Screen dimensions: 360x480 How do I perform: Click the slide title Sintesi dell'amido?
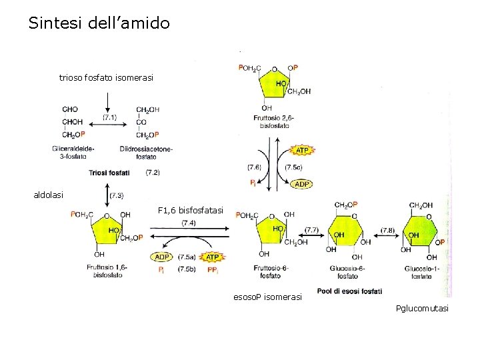pos(99,24)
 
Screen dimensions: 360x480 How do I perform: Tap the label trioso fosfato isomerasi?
pos(106,78)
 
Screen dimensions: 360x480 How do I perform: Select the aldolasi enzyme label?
pos(49,195)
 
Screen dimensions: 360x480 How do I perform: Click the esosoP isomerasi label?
pos(267,296)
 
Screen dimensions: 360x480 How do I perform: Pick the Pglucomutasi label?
pos(422,308)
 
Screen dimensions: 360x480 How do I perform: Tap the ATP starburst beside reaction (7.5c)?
pos(301,150)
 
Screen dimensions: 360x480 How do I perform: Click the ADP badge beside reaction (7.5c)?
pos(302,184)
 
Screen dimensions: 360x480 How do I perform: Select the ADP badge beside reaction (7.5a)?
pos(161,257)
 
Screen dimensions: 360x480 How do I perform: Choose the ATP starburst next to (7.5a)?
pos(212,257)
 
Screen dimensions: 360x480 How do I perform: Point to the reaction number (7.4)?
pos(188,223)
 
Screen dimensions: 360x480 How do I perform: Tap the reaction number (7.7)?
pos(311,229)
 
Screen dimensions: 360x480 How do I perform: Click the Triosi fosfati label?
pos(110,173)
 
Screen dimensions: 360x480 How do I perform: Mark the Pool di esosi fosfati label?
pos(349,291)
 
